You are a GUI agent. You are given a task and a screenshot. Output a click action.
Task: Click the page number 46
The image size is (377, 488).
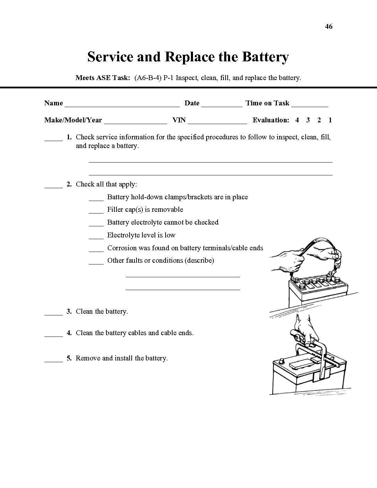[x=329, y=26]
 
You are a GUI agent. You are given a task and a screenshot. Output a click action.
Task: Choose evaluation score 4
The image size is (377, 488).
[x=297, y=120]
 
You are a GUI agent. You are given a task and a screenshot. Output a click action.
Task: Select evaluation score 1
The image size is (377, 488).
[x=330, y=120]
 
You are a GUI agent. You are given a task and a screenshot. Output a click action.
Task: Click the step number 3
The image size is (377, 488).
[x=69, y=312]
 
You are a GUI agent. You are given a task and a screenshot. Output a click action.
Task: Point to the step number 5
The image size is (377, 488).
[x=69, y=358]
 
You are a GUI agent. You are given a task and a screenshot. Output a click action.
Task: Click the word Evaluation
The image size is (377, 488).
[x=271, y=120]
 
